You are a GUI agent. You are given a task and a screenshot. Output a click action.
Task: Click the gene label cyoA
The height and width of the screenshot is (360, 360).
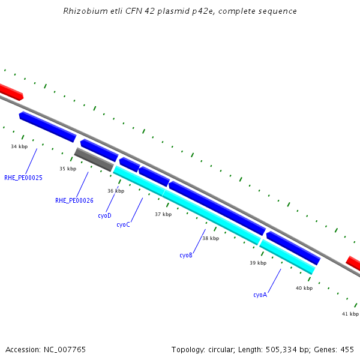260,295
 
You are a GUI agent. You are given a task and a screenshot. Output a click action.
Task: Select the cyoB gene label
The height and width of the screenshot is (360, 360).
186,255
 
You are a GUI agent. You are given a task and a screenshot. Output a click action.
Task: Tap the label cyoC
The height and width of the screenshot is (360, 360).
123,224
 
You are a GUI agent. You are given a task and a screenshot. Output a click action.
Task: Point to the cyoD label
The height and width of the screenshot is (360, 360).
104,215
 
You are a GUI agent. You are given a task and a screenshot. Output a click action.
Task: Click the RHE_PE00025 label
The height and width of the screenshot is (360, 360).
23,178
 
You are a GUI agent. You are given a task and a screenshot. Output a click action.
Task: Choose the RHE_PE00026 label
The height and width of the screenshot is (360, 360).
74,200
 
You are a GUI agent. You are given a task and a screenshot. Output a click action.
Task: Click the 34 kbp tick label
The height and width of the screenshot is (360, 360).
19,146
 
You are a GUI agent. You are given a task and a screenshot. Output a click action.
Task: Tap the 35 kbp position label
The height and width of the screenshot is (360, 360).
68,169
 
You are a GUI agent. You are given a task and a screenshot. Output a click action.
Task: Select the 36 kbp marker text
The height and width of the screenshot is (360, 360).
116,191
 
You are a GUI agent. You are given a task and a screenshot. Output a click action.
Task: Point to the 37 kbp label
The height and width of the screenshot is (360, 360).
163,214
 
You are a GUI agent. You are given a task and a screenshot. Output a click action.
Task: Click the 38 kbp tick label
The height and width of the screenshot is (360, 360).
211,238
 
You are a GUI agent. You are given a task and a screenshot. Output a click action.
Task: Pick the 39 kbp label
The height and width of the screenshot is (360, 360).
258,263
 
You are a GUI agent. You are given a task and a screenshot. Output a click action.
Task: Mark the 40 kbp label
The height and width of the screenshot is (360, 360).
304,288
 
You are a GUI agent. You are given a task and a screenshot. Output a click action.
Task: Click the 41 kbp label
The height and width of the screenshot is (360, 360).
350,314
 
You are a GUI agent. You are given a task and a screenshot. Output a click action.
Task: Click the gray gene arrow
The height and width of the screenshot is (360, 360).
94,160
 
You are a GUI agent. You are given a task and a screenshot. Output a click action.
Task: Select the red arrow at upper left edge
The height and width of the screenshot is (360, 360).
11,92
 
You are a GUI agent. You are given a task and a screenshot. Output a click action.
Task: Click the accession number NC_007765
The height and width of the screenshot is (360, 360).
63,349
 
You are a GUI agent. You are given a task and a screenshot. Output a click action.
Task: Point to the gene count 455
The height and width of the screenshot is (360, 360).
346,349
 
